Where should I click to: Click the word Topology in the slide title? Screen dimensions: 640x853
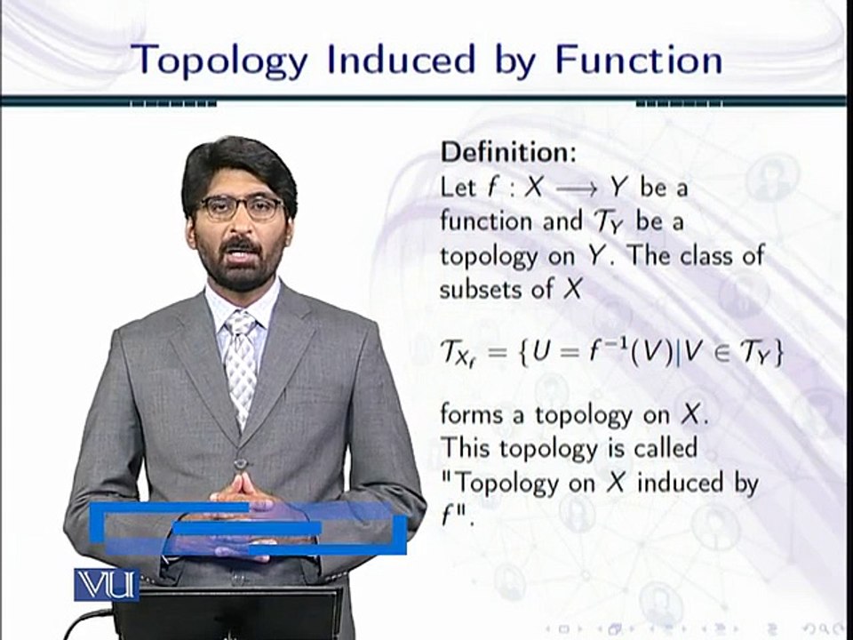[221, 60]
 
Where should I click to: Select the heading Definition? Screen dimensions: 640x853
[509, 152]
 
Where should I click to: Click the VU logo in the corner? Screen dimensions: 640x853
[106, 585]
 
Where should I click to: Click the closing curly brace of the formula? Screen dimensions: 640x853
[778, 355]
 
